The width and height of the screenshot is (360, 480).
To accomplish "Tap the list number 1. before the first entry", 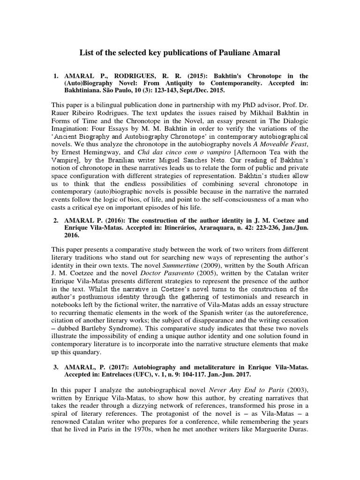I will pos(55,76).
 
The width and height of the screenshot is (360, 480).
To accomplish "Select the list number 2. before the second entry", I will pos(55,220).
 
